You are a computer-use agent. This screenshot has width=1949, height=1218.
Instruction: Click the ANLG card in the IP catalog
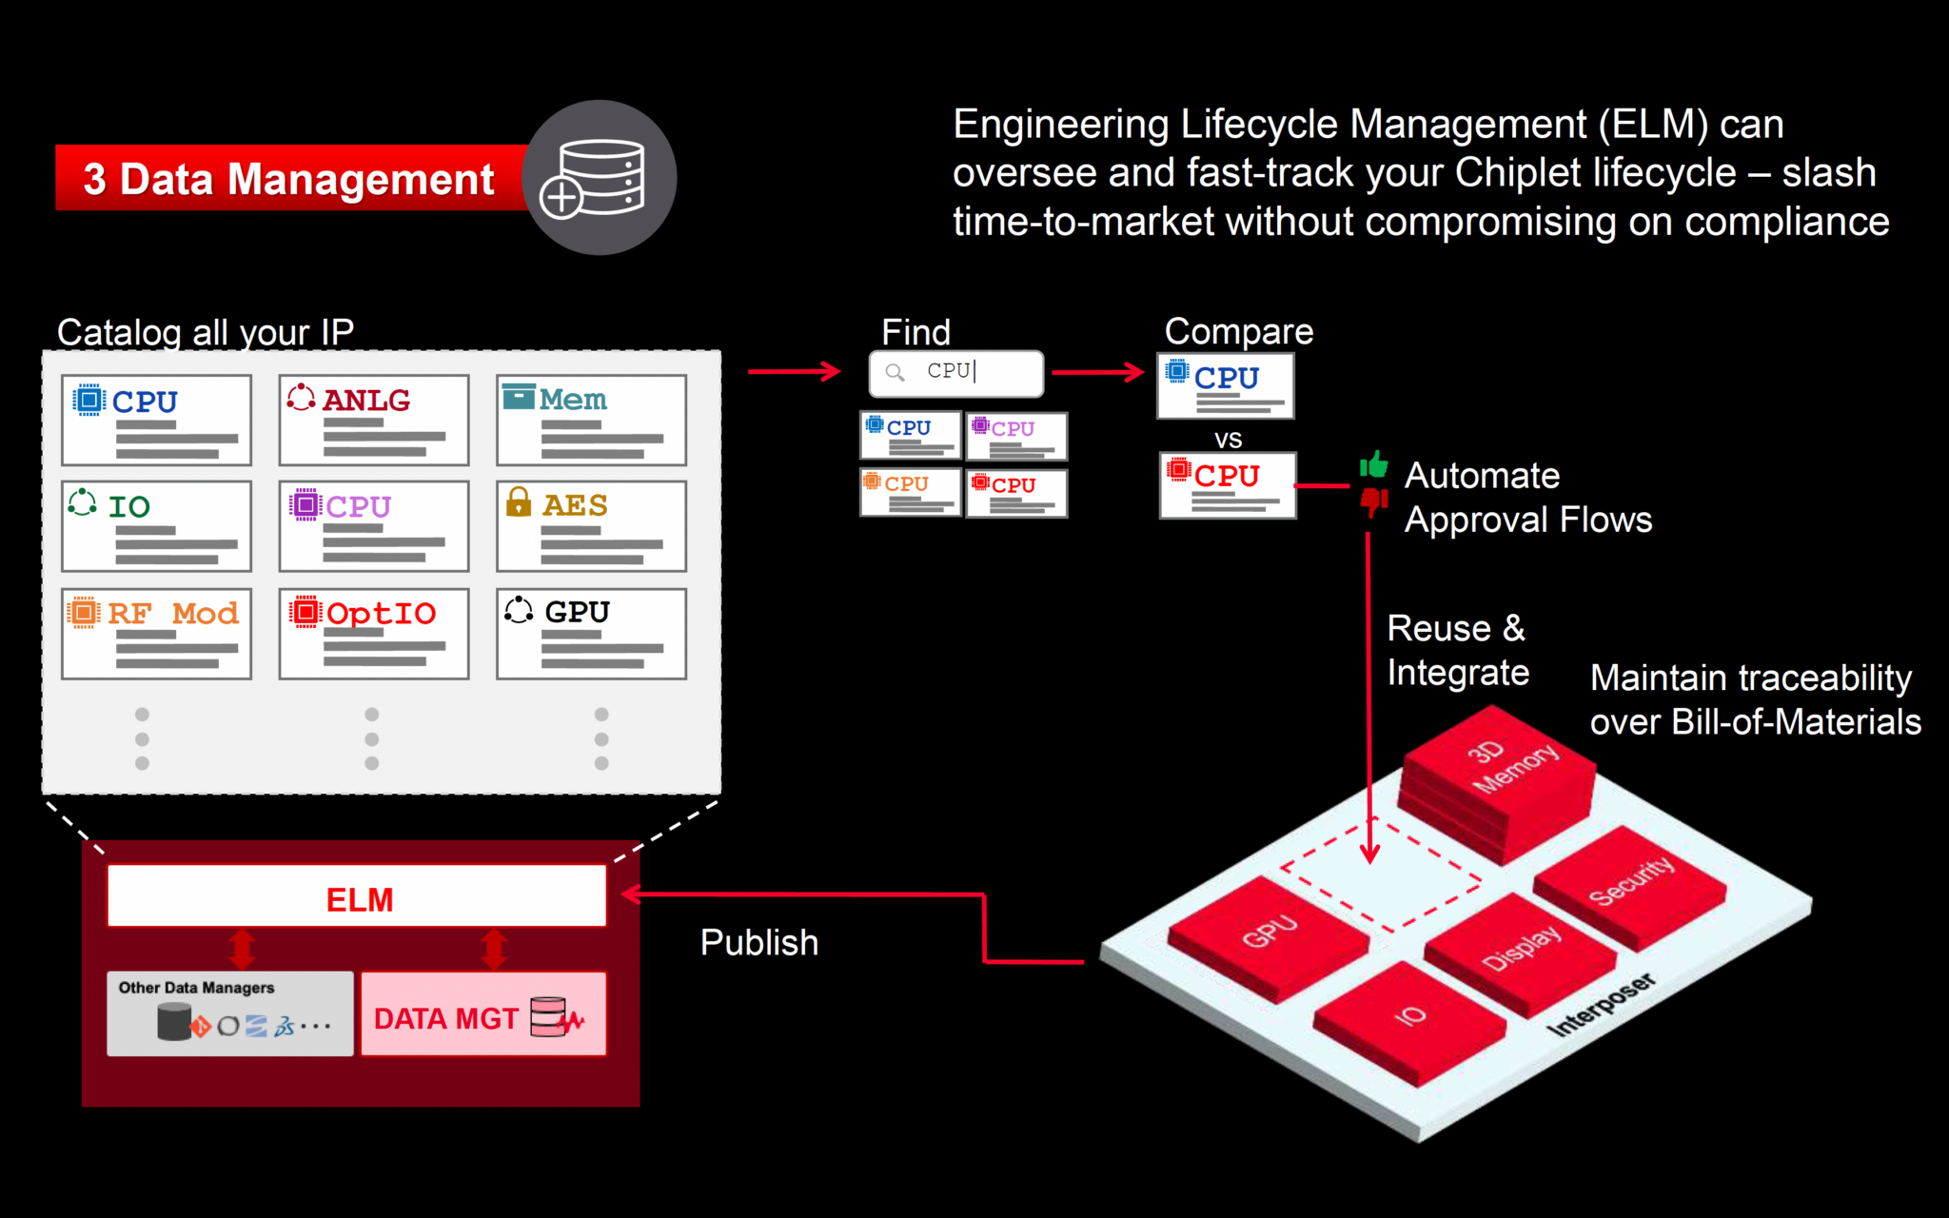coord(373,420)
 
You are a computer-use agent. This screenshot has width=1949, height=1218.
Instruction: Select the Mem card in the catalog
coord(591,420)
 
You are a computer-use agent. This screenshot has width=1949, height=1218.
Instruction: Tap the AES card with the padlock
coord(591,526)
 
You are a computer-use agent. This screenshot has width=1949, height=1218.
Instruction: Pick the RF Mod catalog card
coord(156,634)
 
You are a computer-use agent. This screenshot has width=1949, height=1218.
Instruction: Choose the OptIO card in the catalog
coord(373,634)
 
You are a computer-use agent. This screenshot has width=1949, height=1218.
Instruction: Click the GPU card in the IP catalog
coord(591,634)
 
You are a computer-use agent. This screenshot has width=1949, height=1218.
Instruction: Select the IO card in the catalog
coord(156,526)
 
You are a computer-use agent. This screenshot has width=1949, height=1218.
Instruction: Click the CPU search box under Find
coord(955,373)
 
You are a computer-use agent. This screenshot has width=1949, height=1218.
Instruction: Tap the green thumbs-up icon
coord(1373,464)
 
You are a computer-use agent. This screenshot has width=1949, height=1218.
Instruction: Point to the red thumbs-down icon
coord(1373,500)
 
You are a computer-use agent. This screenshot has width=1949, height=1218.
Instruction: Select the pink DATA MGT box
coord(483,1014)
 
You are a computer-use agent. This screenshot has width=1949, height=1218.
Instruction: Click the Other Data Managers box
coord(230,1014)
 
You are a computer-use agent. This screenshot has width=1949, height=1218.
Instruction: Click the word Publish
coord(759,943)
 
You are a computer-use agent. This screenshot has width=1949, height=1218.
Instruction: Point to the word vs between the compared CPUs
coord(1228,440)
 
